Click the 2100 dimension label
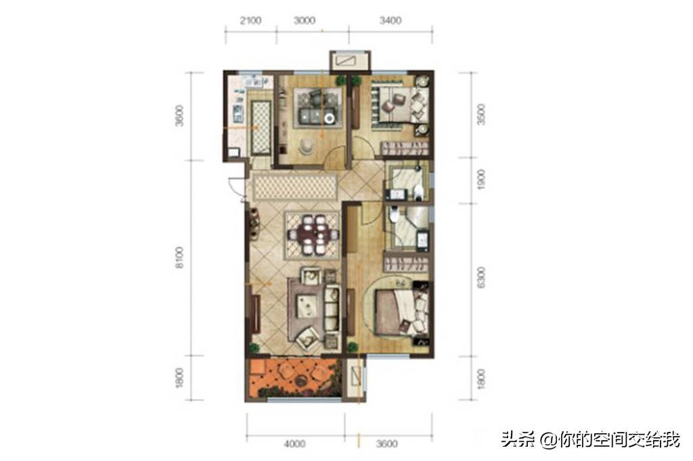tap(250, 20)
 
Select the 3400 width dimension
tap(390, 20)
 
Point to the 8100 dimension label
tap(179, 258)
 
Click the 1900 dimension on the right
tap(481, 180)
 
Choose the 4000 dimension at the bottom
tap(294, 444)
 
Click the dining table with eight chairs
tap(313, 235)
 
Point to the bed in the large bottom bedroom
tap(399, 311)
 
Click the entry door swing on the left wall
tap(236, 186)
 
